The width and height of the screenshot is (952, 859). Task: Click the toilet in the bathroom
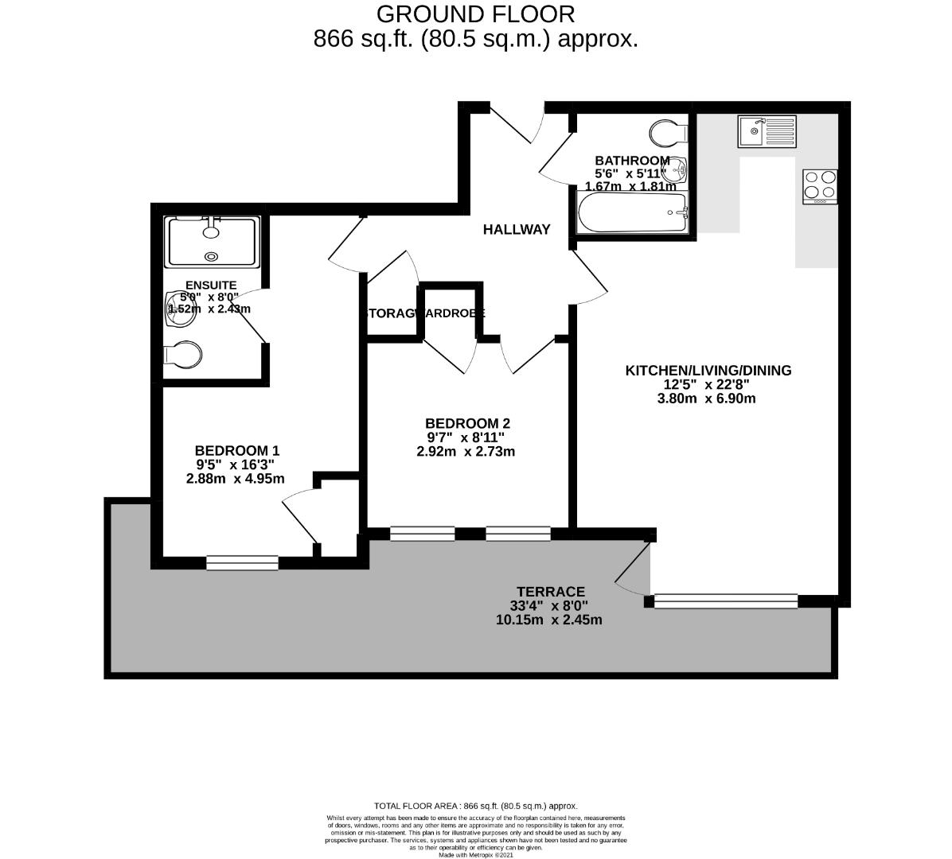click(x=667, y=133)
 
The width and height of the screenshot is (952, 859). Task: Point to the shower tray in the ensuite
click(x=213, y=242)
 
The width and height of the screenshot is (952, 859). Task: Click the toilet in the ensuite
click(x=181, y=356)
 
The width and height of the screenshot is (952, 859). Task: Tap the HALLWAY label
click(x=517, y=230)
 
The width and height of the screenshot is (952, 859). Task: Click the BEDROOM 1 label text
click(x=236, y=450)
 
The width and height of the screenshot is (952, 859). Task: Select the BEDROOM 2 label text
click(x=466, y=423)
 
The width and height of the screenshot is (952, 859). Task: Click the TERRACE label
click(x=550, y=592)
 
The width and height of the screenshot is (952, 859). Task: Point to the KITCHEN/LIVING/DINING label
click(x=708, y=370)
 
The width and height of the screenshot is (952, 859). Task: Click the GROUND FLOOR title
click(x=475, y=14)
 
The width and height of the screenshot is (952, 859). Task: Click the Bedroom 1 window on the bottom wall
click(x=242, y=563)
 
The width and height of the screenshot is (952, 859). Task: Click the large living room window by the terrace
click(x=725, y=601)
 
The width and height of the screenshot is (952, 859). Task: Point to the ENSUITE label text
click(x=210, y=285)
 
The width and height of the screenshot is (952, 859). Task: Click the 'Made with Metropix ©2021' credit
click(x=476, y=855)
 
